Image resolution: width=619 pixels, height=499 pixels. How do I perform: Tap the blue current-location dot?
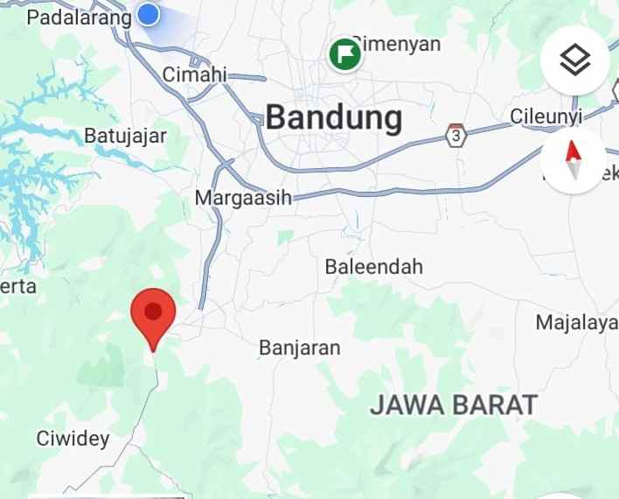click(x=149, y=14)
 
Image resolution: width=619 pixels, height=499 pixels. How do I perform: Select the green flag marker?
click(x=345, y=53)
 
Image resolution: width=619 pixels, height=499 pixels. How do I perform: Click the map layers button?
click(x=574, y=60)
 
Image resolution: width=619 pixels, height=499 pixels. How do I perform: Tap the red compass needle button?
click(x=574, y=160)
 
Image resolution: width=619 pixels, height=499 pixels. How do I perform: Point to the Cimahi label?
click(x=194, y=74)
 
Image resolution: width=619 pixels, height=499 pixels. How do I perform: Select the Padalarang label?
click(x=79, y=17)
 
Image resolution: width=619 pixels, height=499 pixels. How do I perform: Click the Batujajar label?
click(x=125, y=136)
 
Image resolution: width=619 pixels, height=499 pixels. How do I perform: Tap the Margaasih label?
click(x=242, y=197)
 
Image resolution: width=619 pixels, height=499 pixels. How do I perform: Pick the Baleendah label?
click(x=373, y=266)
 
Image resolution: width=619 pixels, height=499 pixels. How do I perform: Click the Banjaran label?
click(x=299, y=348)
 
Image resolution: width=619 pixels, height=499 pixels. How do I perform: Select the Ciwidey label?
click(x=73, y=438)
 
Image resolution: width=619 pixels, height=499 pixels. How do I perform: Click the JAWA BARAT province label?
click(x=453, y=404)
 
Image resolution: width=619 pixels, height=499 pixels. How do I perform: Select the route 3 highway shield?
click(x=456, y=136)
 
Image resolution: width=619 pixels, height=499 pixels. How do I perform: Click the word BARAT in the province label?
click(x=496, y=404)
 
